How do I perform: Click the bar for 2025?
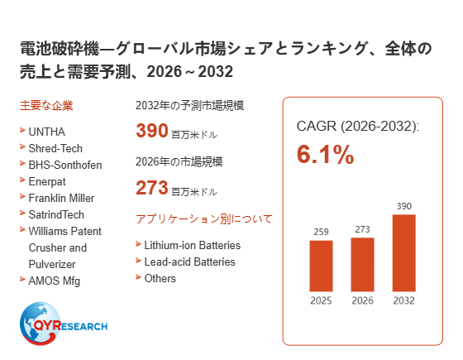click(321, 266)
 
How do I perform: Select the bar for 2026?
click(362, 265)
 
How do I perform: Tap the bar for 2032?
click(404, 253)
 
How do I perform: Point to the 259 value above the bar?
click(321, 232)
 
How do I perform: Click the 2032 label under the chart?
click(404, 300)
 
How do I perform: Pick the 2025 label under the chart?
click(321, 300)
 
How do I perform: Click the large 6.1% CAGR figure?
click(325, 154)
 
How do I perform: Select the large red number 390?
click(152, 131)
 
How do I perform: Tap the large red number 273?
click(152, 188)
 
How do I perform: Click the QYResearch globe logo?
click(64, 324)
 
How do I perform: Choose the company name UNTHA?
click(46, 132)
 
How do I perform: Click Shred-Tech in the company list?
click(55, 148)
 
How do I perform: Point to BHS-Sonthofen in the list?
click(65, 165)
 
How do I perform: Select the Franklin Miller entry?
click(61, 198)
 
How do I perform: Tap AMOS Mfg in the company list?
click(55, 281)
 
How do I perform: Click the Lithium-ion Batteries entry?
click(193, 245)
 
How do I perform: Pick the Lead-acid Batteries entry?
click(190, 262)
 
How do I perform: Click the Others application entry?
click(160, 278)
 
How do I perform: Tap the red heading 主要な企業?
click(46, 106)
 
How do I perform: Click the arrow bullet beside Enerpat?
click(22, 180)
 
